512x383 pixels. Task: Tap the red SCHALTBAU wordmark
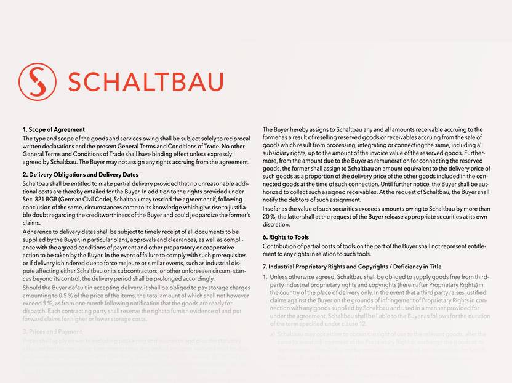tap(145, 82)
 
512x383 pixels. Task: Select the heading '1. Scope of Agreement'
tap(54, 129)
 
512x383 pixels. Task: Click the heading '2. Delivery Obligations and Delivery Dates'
tap(81, 175)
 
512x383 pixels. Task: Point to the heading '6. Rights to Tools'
tap(286, 237)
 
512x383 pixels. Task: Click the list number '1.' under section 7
tap(265, 276)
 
